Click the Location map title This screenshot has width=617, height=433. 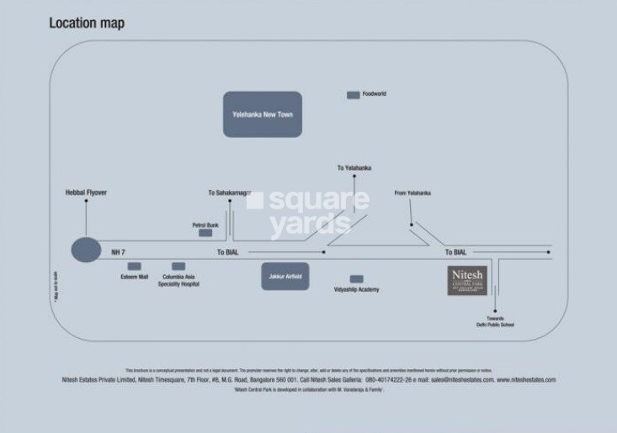(x=86, y=23)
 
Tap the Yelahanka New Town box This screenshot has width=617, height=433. (x=263, y=114)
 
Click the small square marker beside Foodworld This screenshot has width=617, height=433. (x=353, y=95)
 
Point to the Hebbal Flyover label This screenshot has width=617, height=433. (x=86, y=193)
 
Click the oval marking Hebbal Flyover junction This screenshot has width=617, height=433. (x=85, y=251)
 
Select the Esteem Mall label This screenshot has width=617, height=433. (x=134, y=277)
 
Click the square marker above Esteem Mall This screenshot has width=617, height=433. (x=134, y=266)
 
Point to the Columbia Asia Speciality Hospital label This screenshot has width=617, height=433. (x=178, y=280)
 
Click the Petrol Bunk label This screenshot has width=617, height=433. (x=205, y=224)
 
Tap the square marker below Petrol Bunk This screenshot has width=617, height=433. (x=205, y=233)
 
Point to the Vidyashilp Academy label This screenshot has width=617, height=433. (x=357, y=289)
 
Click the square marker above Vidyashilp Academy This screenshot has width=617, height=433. (x=357, y=278)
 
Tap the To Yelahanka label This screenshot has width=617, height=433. (x=354, y=168)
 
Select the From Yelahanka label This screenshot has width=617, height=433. (x=412, y=193)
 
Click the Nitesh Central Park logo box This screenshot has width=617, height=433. (x=466, y=280)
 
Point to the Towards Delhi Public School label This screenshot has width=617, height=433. (x=495, y=321)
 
